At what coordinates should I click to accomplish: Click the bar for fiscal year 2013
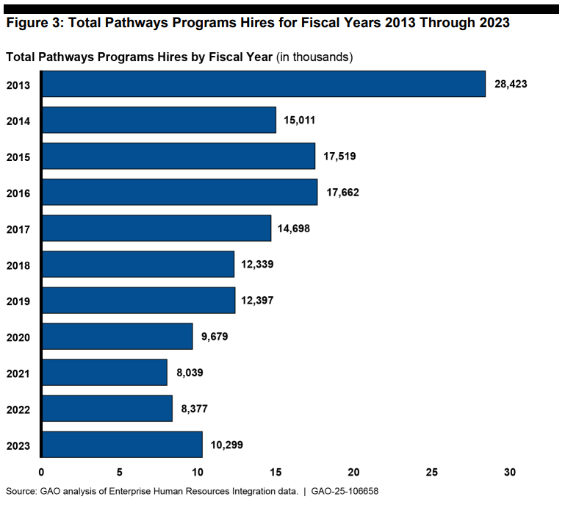263,84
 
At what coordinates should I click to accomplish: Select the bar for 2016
179,192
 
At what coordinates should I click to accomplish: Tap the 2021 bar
104,372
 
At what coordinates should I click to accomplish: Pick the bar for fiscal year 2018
137,264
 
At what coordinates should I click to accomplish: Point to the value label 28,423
511,84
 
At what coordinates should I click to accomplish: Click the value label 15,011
299,120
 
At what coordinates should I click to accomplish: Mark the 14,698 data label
294,229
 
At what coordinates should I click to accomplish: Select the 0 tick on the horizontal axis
41,471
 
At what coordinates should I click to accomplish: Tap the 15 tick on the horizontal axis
276,471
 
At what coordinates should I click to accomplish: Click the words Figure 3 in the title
32,22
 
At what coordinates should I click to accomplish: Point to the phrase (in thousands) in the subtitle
314,57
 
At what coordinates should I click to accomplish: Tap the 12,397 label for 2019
257,301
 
